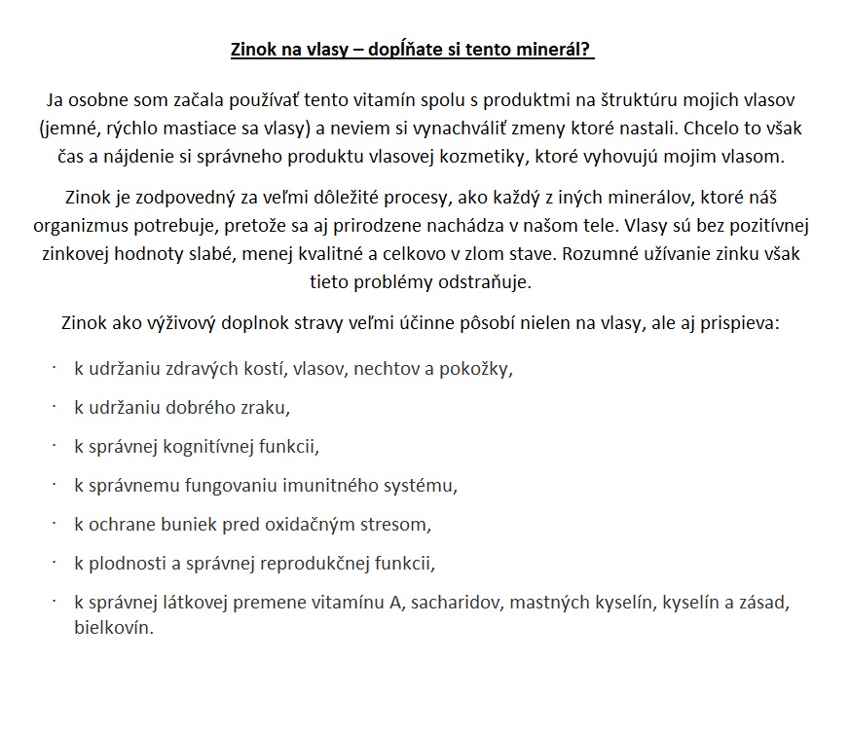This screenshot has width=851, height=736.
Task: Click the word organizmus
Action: (110, 226)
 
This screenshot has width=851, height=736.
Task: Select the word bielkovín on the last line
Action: (113, 628)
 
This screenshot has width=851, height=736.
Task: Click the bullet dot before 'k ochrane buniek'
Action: (55, 523)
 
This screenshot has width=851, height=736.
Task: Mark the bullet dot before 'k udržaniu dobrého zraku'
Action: (55, 406)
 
